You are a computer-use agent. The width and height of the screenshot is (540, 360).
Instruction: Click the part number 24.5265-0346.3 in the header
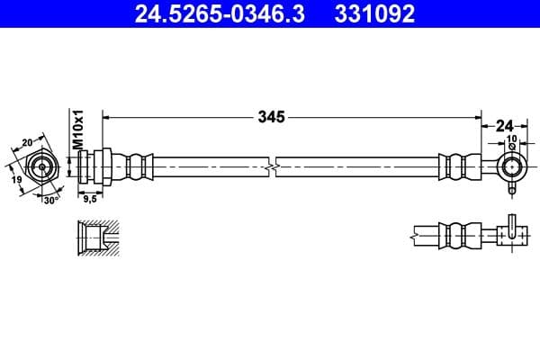pos(220,13)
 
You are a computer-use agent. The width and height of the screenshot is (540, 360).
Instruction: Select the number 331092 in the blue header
pos(374,13)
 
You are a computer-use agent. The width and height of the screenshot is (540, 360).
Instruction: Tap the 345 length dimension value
pos(272,117)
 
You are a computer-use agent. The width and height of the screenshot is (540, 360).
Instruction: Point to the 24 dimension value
pos(505,126)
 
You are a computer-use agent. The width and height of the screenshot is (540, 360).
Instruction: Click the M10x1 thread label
pos(78,130)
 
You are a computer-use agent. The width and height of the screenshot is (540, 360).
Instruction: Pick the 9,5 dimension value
pos(90,199)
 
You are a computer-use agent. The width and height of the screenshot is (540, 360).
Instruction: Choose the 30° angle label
pos(51,201)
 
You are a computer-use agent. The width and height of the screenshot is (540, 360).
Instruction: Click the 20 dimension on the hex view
pos(27,142)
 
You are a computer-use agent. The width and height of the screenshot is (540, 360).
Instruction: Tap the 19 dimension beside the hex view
pos(16,179)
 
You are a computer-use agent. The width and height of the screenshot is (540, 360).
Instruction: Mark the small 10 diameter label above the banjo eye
pos(512,139)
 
